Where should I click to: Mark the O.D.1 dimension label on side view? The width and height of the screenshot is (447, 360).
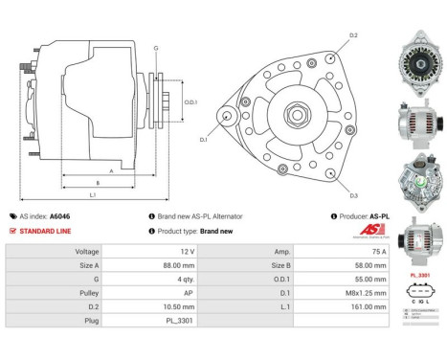tap(190, 101)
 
